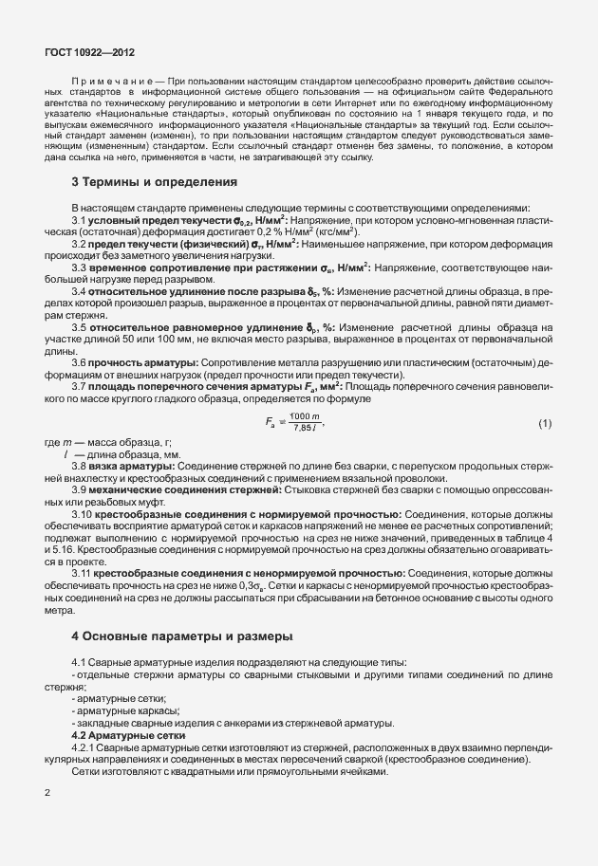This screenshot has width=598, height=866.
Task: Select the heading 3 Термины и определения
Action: tap(154, 181)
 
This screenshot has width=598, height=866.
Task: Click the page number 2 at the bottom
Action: tap(47, 790)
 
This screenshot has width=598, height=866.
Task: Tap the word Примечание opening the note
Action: tap(103, 83)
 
